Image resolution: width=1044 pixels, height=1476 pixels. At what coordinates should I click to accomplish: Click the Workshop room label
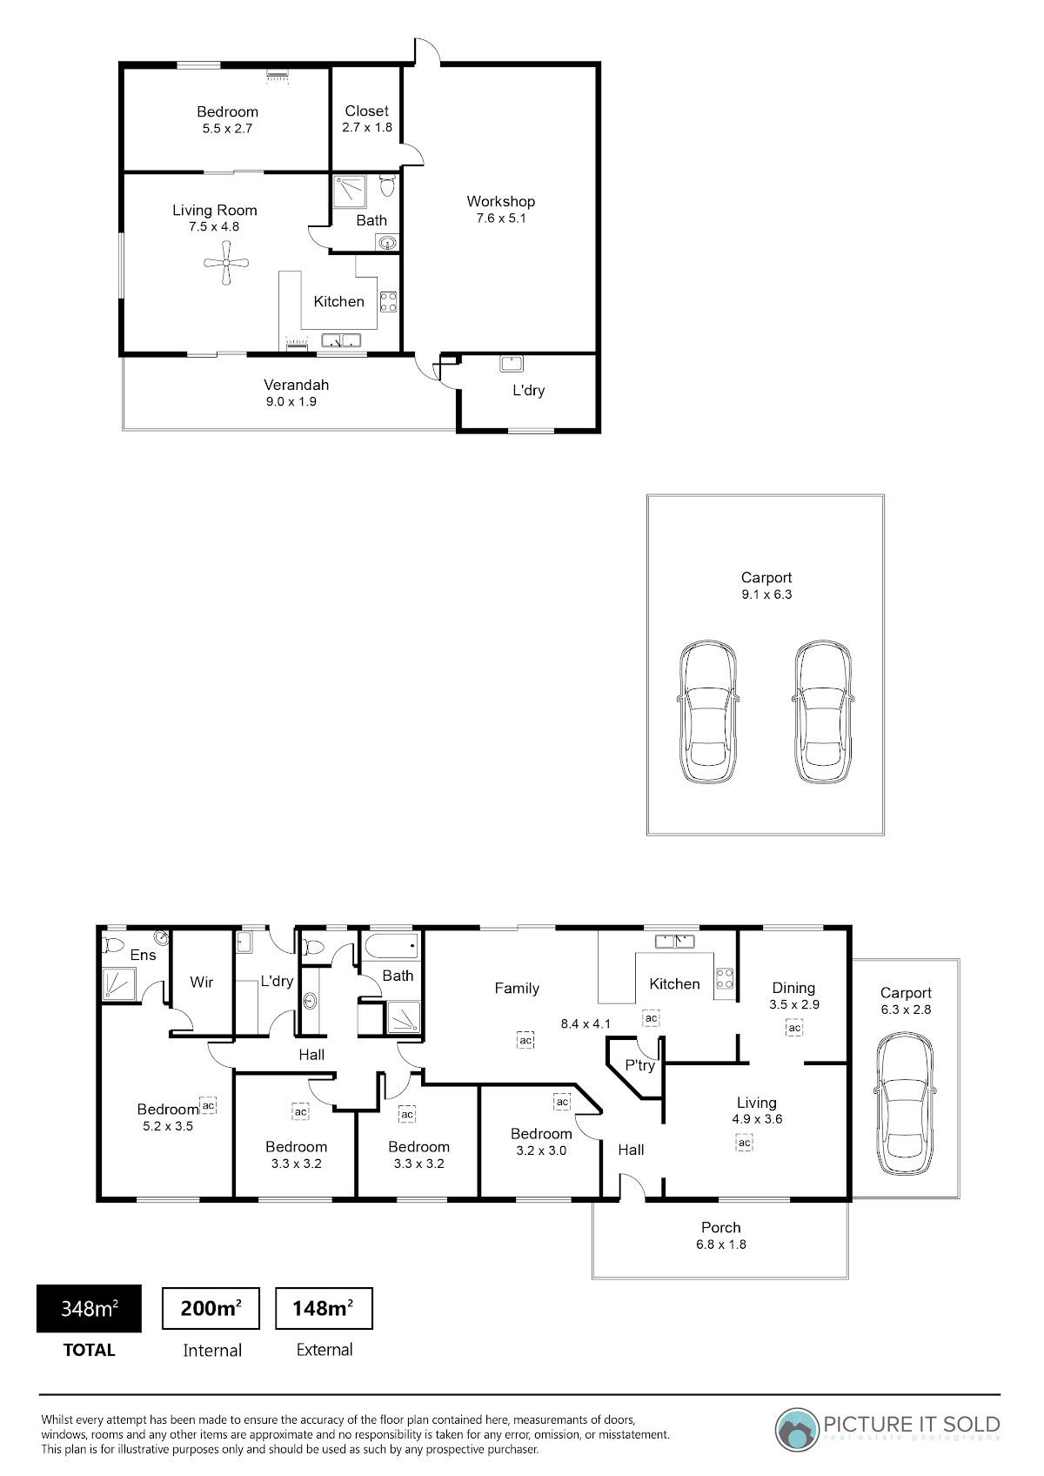(x=500, y=201)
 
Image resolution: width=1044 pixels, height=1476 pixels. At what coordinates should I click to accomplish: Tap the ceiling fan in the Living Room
(x=226, y=263)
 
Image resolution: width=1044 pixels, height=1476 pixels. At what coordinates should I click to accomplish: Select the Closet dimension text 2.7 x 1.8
(x=367, y=127)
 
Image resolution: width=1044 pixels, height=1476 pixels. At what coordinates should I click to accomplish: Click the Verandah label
(x=296, y=384)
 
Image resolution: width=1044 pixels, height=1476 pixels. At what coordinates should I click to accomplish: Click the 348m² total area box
(x=89, y=1308)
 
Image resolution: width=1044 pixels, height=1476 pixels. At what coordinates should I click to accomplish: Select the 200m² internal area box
(x=211, y=1308)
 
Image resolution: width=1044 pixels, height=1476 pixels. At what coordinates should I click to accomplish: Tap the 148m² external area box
(x=324, y=1308)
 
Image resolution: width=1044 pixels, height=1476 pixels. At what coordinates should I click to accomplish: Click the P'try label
(x=639, y=1065)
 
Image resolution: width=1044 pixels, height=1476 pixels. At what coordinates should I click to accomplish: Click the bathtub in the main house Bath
(x=391, y=945)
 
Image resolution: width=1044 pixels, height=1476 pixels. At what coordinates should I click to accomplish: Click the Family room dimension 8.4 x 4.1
(x=586, y=1023)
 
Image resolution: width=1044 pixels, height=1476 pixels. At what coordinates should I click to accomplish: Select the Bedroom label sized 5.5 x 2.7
(x=227, y=111)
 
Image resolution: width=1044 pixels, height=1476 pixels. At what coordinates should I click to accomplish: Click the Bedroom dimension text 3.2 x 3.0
(x=541, y=1151)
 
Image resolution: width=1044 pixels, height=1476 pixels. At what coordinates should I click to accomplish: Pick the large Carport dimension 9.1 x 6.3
(x=766, y=594)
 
